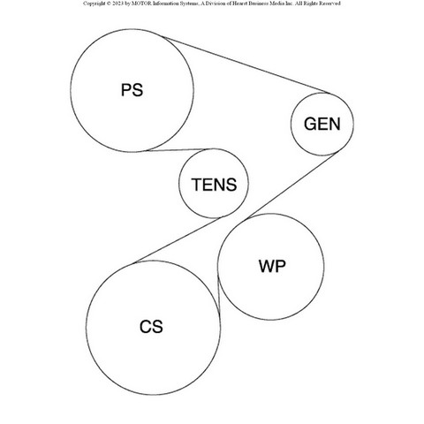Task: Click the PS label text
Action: (x=132, y=90)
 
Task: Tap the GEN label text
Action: (x=322, y=124)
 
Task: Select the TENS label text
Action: (x=214, y=185)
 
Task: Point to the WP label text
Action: (x=272, y=266)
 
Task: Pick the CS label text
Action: (x=151, y=327)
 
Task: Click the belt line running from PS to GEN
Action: (x=245, y=64)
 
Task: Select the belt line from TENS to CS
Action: (x=178, y=239)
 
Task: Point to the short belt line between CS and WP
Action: (x=219, y=294)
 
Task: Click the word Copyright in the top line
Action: (x=94, y=4)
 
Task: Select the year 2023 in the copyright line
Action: (x=117, y=4)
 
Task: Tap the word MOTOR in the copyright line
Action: (x=141, y=4)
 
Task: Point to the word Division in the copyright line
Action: (x=214, y=4)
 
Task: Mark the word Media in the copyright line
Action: (x=277, y=4)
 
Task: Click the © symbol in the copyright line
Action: (x=109, y=4)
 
